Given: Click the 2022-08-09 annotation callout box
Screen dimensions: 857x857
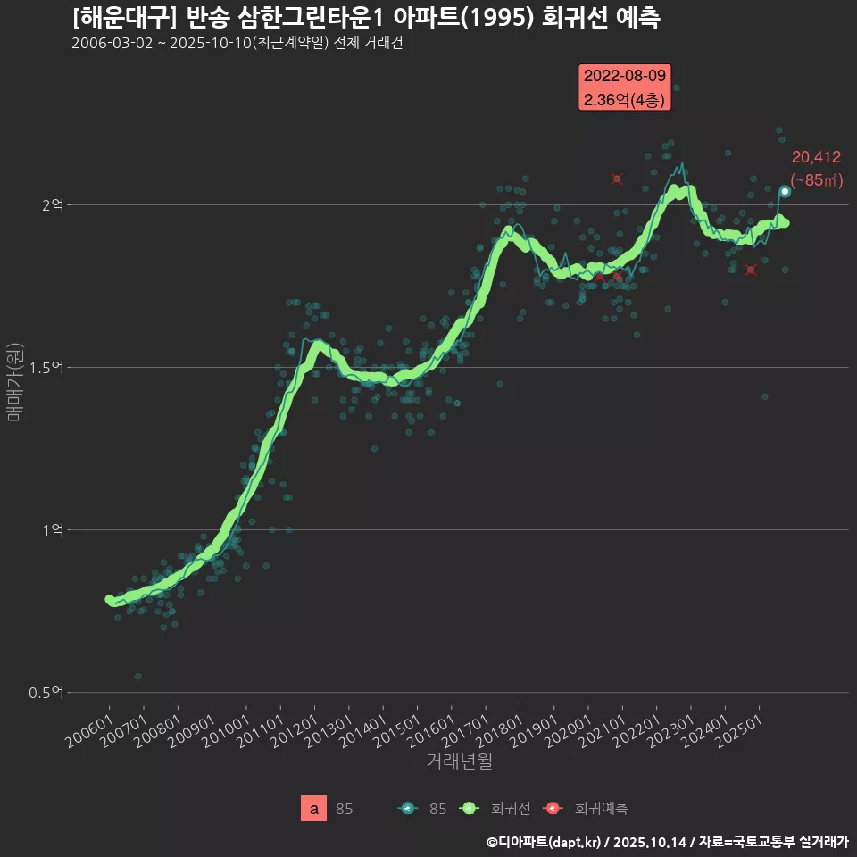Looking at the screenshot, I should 625,87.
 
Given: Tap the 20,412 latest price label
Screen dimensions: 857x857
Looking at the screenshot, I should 816,158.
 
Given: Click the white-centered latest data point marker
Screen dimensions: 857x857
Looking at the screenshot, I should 785,191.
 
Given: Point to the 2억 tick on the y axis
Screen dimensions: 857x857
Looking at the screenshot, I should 53,205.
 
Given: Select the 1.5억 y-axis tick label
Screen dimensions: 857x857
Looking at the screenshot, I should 46,368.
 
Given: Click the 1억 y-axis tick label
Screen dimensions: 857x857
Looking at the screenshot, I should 53,530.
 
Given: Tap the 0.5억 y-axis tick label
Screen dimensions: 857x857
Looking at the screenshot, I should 46,693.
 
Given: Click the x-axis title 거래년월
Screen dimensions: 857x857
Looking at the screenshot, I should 459,761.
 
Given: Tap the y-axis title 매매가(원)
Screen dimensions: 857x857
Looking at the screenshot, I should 13,381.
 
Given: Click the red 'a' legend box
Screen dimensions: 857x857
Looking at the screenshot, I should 314,809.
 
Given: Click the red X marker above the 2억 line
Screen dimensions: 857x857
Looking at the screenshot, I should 617,179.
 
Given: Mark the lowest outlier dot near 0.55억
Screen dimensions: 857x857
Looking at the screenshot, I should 137,677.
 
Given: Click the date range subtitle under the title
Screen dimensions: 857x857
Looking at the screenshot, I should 237,43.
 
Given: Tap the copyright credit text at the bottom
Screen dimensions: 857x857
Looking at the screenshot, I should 667,842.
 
